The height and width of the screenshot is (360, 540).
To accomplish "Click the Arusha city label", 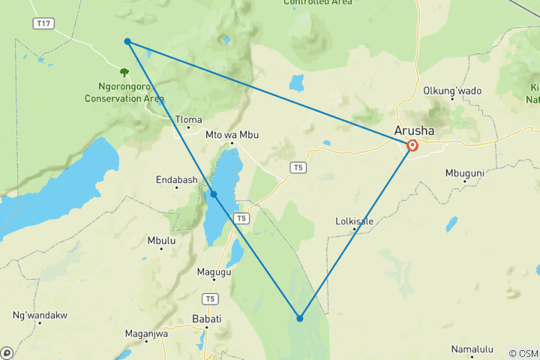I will [x=413, y=130].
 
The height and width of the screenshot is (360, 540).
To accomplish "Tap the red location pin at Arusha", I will [x=412, y=146].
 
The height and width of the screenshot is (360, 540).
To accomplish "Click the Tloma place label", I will [x=188, y=119].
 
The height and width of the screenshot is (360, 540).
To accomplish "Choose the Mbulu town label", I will [x=161, y=241].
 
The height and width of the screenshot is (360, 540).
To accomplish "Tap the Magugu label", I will [x=214, y=271].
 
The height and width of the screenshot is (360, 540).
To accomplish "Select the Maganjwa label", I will [x=146, y=334].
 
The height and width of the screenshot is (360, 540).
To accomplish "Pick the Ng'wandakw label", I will [x=40, y=315].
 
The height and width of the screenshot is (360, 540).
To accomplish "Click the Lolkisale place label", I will [x=354, y=221].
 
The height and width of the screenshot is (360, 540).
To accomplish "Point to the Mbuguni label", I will [x=465, y=172].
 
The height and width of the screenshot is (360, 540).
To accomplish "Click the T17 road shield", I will [x=43, y=24].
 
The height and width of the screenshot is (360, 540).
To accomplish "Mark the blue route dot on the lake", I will [x=214, y=194].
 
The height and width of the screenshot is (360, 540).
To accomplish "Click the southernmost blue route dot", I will [x=299, y=318].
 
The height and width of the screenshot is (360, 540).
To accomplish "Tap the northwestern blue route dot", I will [x=128, y=41].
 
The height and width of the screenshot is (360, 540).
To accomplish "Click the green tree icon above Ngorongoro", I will [x=124, y=73].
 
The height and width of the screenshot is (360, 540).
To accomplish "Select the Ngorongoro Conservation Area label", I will [x=124, y=93].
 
